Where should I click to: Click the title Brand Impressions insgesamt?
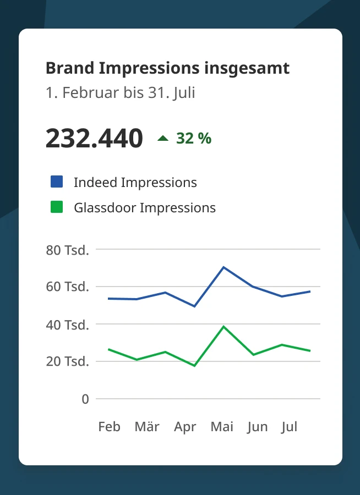click(x=167, y=68)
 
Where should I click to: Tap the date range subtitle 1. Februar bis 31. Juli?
click(x=120, y=92)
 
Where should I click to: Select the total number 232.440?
click(x=94, y=138)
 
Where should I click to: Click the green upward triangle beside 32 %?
click(x=163, y=139)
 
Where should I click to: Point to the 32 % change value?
click(x=194, y=139)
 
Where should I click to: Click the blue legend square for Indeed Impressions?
click(x=57, y=182)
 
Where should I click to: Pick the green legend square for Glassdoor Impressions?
click(x=57, y=207)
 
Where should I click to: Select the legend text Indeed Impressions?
click(x=135, y=182)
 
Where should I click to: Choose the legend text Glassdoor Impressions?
click(x=144, y=208)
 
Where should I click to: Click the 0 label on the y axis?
click(x=85, y=399)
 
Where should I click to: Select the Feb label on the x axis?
click(x=109, y=427)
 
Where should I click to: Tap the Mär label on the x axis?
click(x=147, y=427)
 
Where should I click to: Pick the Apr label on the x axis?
click(x=185, y=427)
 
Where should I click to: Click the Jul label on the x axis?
click(x=289, y=427)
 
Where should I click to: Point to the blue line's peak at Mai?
click(x=223, y=267)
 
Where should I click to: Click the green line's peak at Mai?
click(x=223, y=327)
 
